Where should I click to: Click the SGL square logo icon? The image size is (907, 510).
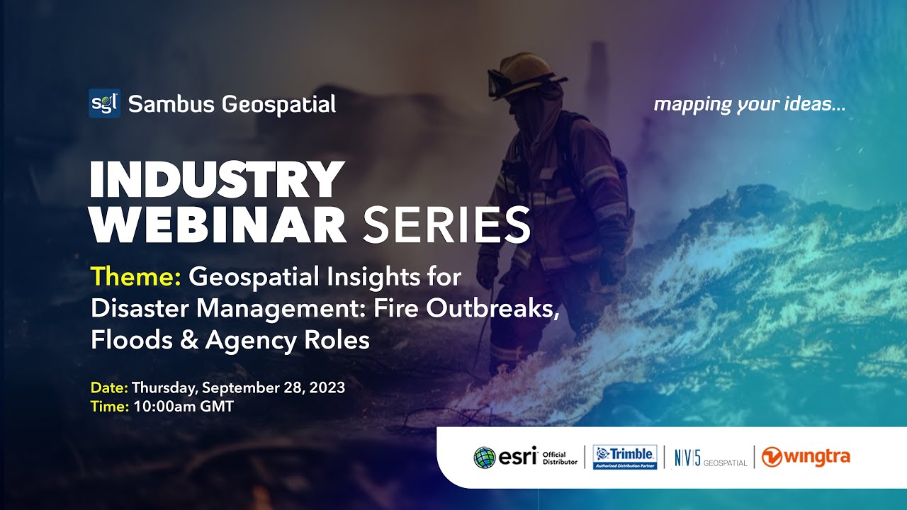104,103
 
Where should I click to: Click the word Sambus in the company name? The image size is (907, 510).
171,105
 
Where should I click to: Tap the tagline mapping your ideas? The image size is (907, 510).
749,105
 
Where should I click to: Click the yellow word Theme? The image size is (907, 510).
137,277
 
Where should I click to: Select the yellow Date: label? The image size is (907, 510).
109,388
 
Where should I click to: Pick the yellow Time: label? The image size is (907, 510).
110,407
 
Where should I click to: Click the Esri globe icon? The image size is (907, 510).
485,458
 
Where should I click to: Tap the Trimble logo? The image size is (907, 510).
624,457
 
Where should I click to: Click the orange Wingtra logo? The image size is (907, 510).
806,458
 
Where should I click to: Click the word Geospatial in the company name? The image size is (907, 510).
278,105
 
